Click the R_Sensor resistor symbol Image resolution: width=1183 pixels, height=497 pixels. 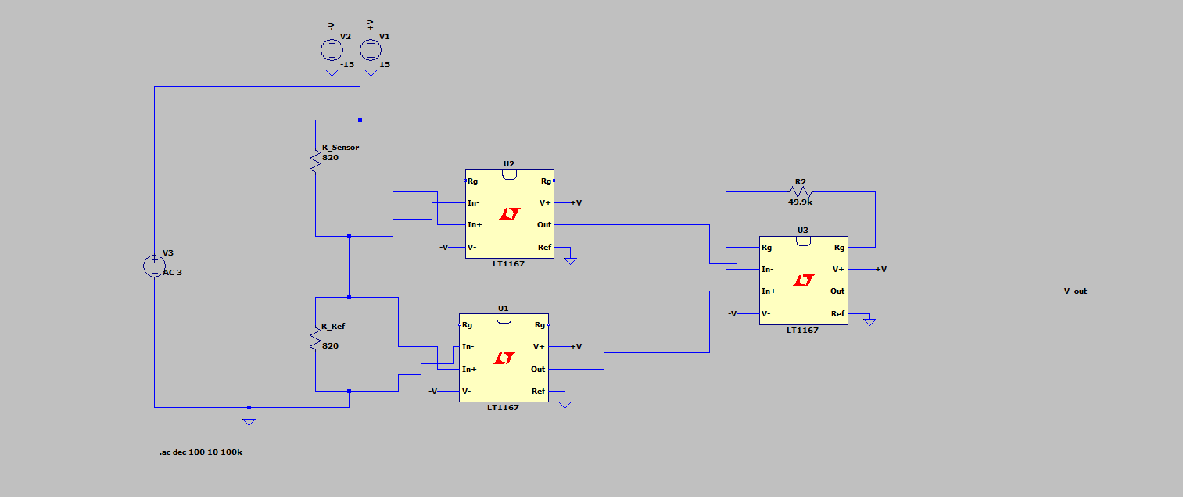(316, 163)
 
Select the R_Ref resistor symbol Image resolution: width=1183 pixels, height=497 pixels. (316, 340)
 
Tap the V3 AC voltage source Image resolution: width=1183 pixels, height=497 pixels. (154, 266)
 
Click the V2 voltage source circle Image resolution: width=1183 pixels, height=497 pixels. (332, 50)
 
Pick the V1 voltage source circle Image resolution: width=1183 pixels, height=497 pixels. (371, 50)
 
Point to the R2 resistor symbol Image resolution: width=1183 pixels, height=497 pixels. (801, 192)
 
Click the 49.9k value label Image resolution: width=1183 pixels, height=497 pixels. (801, 202)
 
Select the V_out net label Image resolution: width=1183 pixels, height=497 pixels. (1075, 291)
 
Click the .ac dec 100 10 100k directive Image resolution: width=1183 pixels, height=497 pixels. (201, 452)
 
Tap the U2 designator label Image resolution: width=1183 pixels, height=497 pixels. (509, 164)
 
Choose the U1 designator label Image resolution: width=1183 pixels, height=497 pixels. (503, 309)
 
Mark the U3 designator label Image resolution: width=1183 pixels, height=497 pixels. (803, 231)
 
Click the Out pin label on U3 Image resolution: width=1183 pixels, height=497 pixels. (837, 291)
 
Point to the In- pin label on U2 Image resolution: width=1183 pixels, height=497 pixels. (473, 203)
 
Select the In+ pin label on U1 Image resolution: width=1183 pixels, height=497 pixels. (468, 370)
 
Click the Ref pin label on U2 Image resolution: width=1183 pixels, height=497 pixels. (544, 248)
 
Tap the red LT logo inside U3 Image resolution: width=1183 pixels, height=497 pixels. (803, 280)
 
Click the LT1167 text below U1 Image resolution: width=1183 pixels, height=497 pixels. (503, 407)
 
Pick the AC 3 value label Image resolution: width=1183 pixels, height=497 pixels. (171, 273)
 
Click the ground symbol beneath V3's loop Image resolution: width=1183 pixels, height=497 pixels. (249, 420)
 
